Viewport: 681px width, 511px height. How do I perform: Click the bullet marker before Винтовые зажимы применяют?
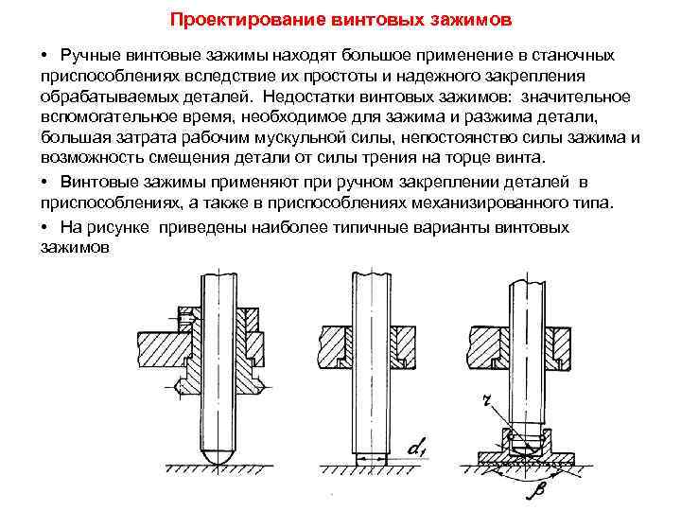pyautogui.click(x=45, y=183)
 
